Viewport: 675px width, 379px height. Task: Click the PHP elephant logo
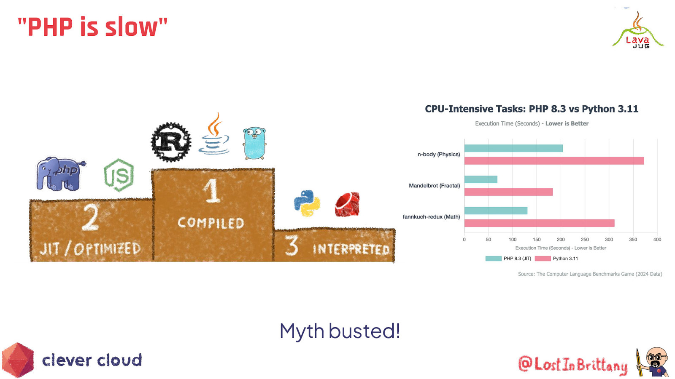click(60, 174)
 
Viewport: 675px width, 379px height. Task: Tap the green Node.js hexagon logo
click(119, 175)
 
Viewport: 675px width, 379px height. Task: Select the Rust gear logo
click(171, 142)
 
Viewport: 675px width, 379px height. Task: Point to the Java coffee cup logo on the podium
click(213, 134)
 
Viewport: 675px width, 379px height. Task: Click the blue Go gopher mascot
click(255, 143)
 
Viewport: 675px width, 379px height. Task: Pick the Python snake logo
click(307, 203)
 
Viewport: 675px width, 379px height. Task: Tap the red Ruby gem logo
click(347, 204)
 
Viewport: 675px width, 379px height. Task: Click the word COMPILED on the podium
click(211, 223)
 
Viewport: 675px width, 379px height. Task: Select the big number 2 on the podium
click(90, 217)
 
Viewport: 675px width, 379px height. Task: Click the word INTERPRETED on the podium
click(351, 249)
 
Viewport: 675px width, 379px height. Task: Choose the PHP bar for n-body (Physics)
click(513, 148)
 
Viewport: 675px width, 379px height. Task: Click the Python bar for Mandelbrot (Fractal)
click(508, 192)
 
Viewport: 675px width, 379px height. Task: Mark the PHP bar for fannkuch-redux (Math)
click(496, 211)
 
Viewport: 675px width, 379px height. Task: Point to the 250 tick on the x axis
click(585, 240)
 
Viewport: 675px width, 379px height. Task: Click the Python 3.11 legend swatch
click(543, 259)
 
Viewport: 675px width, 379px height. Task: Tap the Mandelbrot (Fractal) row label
click(434, 186)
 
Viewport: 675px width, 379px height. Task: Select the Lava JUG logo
click(638, 30)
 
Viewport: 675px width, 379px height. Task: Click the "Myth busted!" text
click(340, 331)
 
